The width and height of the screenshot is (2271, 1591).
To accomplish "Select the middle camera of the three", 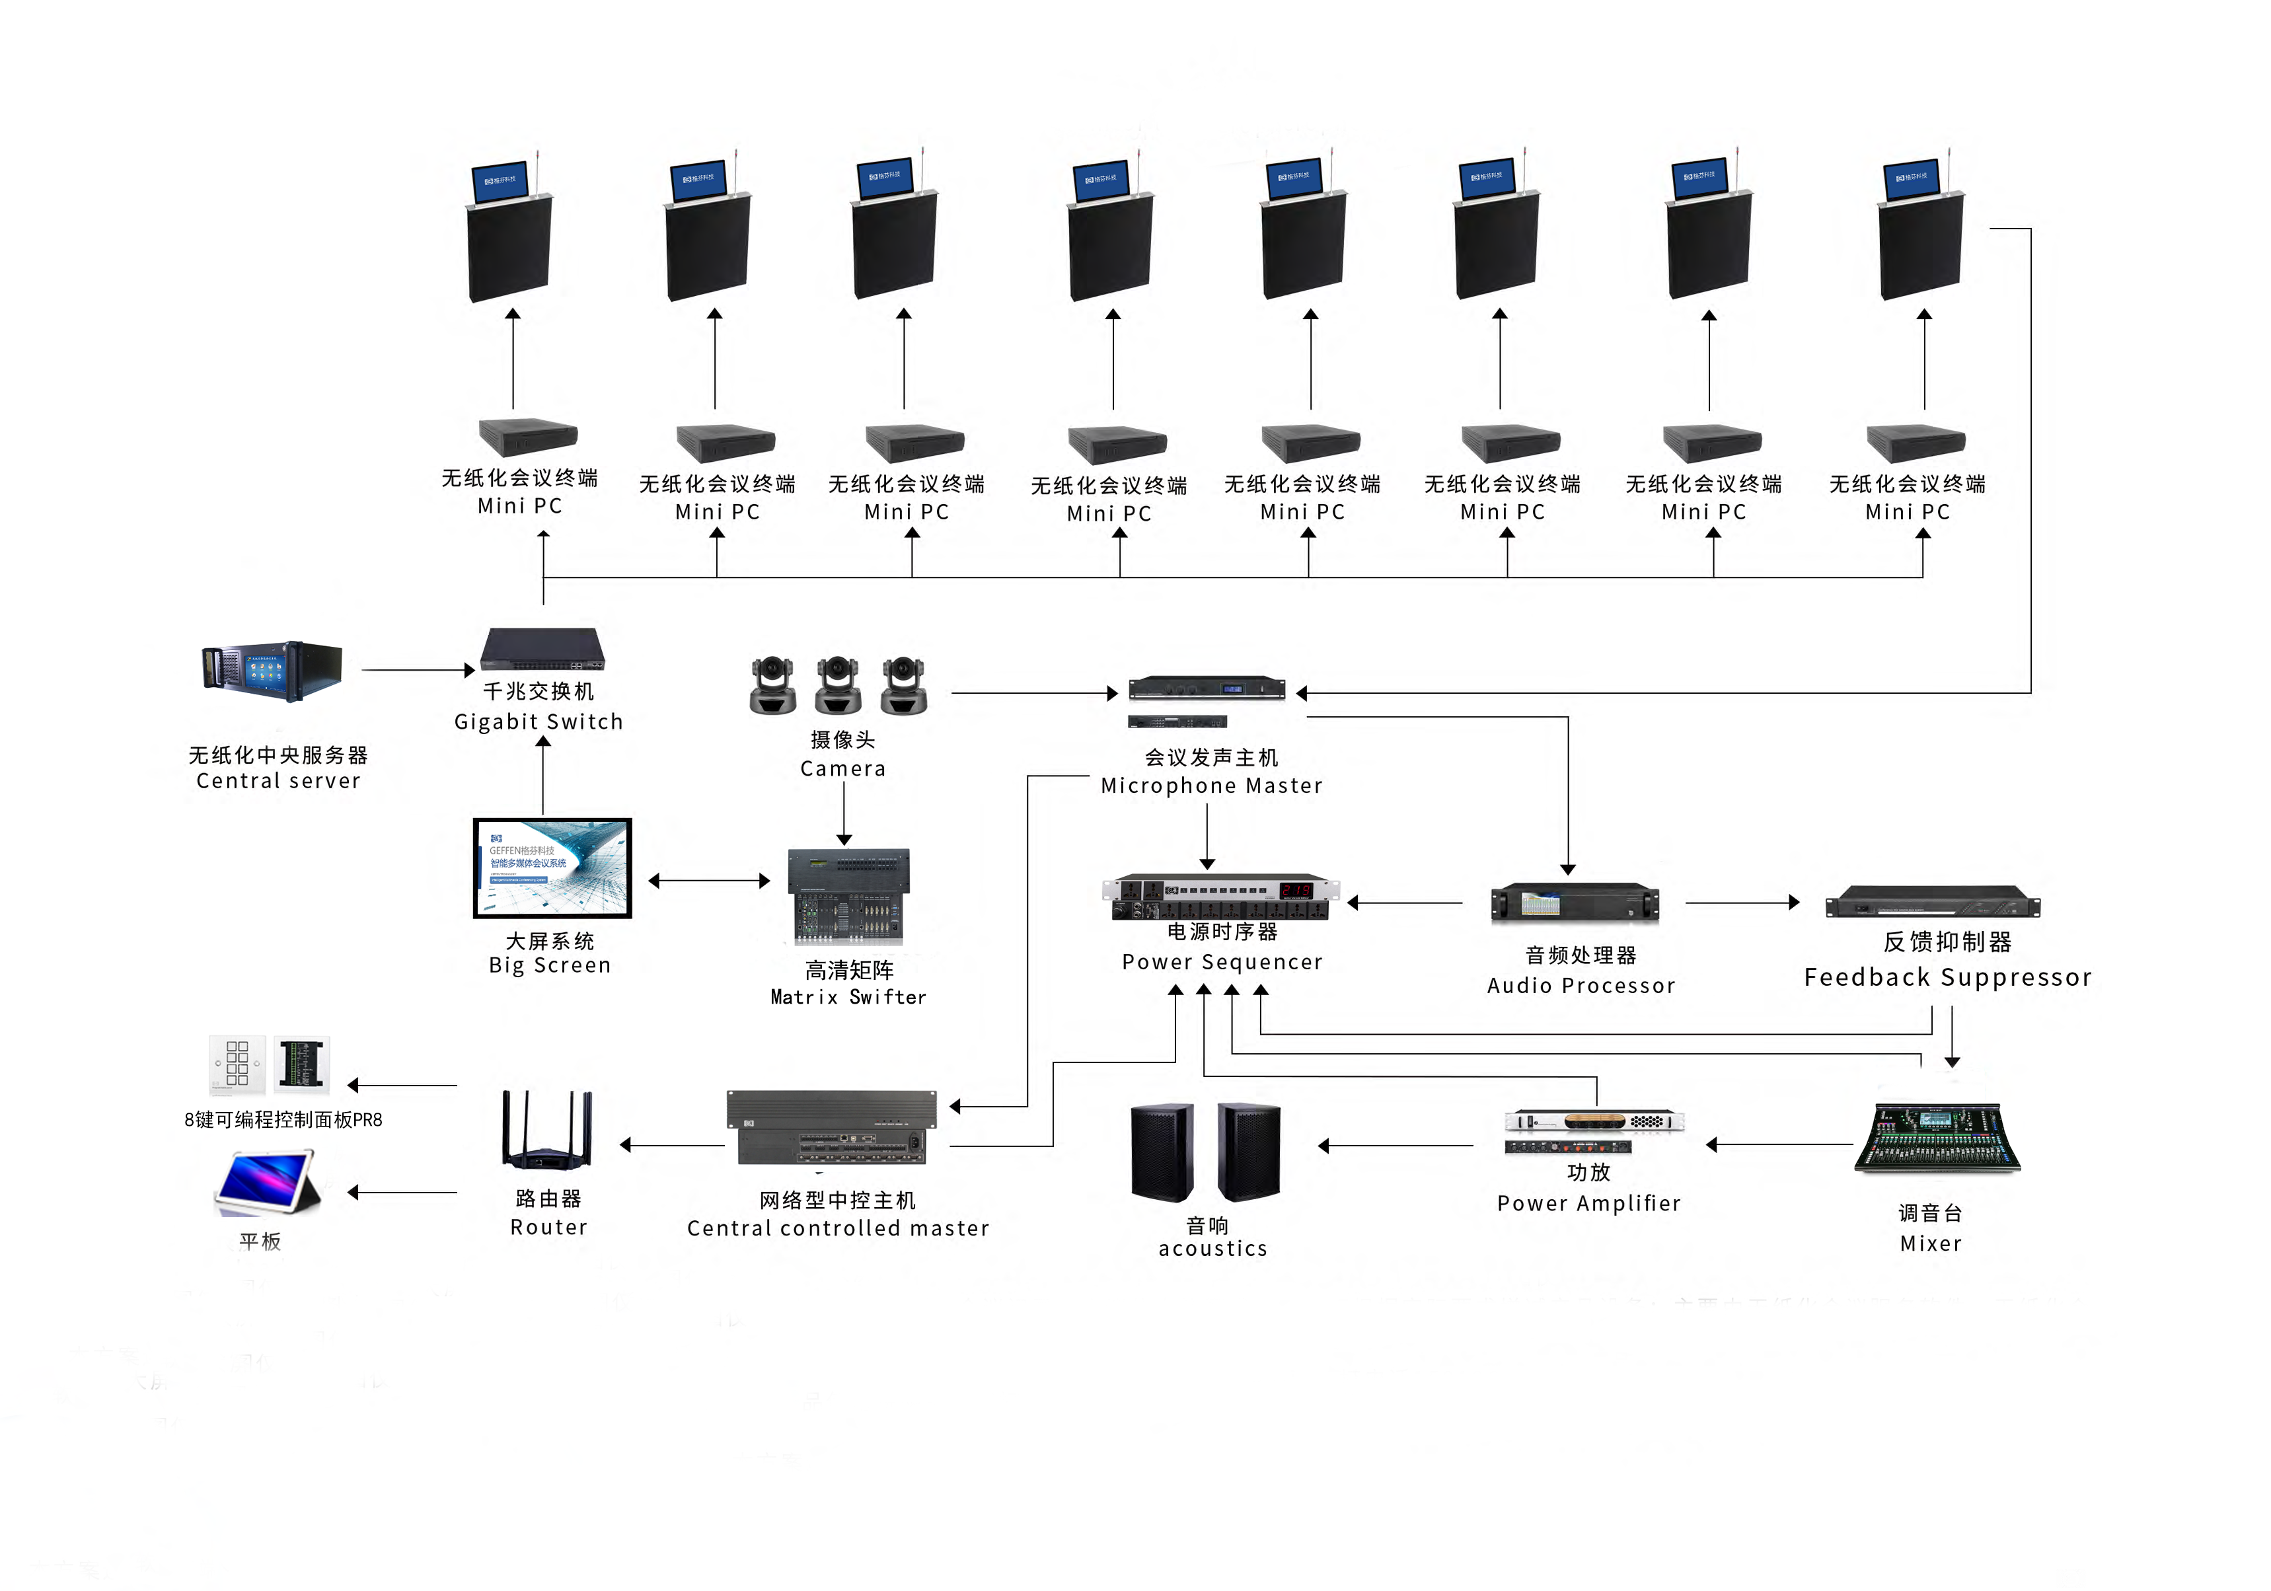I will (838, 684).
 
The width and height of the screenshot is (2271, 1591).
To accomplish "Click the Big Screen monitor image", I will (552, 868).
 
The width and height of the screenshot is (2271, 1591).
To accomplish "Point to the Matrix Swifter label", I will (848, 997).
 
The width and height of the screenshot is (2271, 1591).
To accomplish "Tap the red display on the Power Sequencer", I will (1295, 890).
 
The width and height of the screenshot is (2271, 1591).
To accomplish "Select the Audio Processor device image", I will (1574, 903).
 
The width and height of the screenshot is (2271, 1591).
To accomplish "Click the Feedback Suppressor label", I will (1947, 977).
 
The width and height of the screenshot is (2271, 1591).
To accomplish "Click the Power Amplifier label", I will (1588, 1202).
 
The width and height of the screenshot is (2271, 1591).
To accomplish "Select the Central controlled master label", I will (838, 1228).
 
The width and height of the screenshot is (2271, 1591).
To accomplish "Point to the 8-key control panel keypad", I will (237, 1064).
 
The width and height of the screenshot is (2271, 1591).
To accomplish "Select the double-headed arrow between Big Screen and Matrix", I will (708, 880).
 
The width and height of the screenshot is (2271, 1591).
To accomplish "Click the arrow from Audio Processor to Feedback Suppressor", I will (1742, 902).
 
